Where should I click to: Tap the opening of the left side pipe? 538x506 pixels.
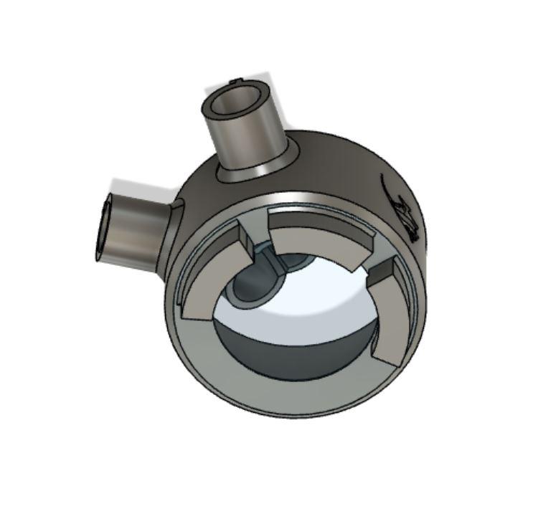104,226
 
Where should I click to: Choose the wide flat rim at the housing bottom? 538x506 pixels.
287,401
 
